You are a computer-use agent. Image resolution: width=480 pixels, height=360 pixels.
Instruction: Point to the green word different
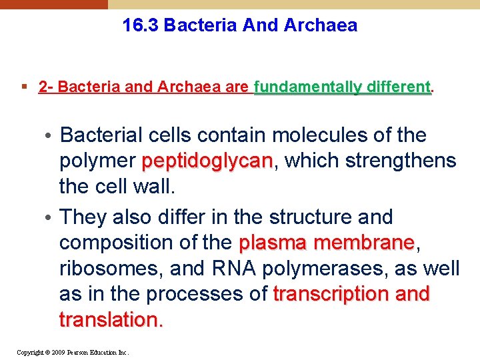(397, 87)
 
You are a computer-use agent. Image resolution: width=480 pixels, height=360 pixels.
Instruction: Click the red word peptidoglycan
(207, 161)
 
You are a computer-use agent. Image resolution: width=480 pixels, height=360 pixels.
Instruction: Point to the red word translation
(110, 319)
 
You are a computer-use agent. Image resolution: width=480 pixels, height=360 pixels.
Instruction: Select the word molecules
(313, 135)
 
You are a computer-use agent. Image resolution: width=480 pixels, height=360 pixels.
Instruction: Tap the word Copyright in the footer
(30, 352)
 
